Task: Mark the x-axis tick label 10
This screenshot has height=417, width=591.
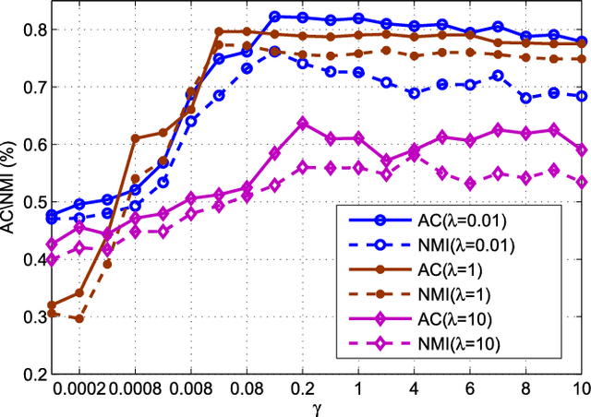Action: (x=580, y=388)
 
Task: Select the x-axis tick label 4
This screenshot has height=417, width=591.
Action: (x=414, y=388)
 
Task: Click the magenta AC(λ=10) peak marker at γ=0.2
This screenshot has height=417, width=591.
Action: (x=303, y=123)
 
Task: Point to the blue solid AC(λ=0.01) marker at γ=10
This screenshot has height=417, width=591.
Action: (x=581, y=42)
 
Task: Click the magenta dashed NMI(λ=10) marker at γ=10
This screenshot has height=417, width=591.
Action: (x=581, y=182)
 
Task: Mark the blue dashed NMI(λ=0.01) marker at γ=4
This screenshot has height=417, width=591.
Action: (x=414, y=93)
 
